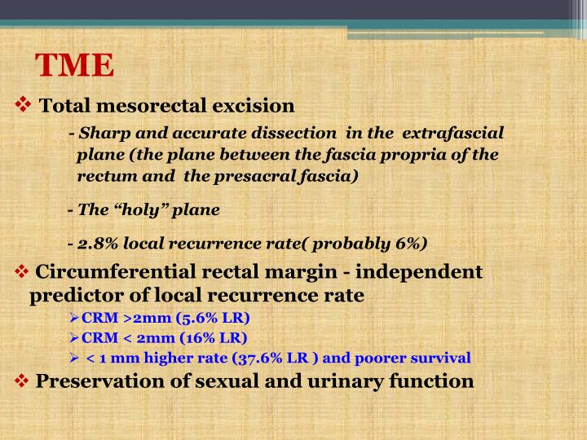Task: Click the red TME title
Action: pos(75,64)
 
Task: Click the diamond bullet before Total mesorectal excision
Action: pos(24,105)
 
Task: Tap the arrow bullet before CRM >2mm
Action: pos(74,317)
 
